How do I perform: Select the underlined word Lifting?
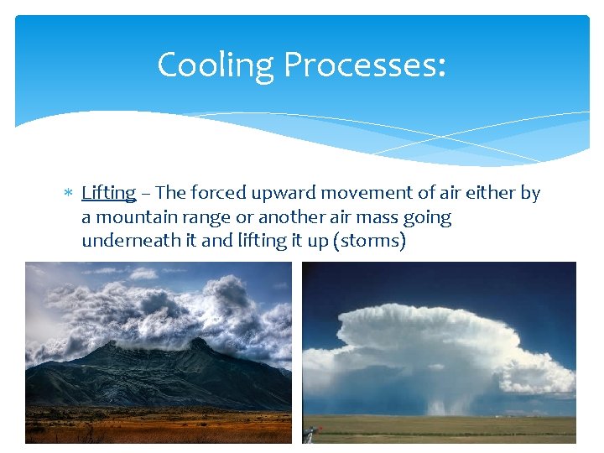pos(108,193)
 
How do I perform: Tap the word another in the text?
pos(289,217)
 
